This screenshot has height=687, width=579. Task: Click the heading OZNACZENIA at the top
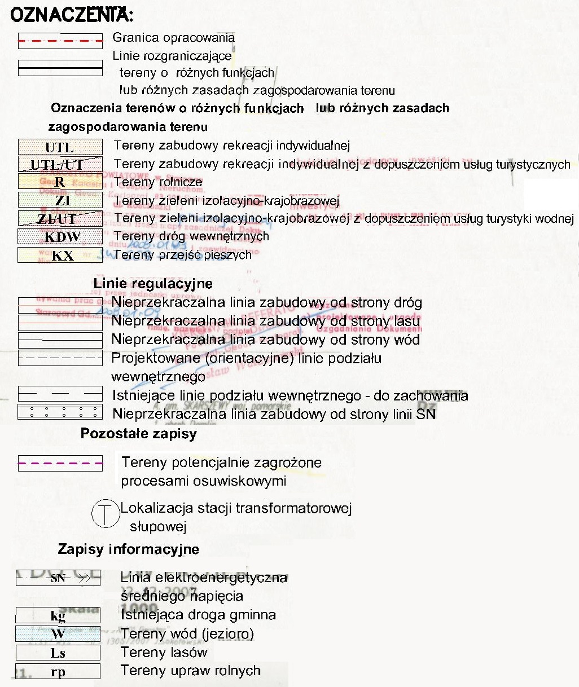(x=72, y=15)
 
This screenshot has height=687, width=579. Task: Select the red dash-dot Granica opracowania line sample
(x=60, y=41)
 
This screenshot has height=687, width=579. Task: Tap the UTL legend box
(x=60, y=147)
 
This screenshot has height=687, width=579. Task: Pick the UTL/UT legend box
(x=60, y=165)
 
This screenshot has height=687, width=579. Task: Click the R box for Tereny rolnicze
(x=60, y=182)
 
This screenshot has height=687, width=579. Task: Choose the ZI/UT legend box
(x=60, y=218)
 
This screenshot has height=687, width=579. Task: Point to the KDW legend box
(x=60, y=237)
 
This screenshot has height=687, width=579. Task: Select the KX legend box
(x=60, y=256)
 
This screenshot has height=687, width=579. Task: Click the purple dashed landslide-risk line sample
(x=60, y=464)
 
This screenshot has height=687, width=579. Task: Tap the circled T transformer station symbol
(x=106, y=514)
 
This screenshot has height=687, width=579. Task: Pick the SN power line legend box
(x=58, y=578)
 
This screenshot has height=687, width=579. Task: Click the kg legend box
(x=58, y=615)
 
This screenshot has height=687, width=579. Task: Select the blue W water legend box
(x=58, y=634)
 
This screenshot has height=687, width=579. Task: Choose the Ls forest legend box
(x=58, y=653)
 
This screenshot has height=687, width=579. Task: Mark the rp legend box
(x=58, y=672)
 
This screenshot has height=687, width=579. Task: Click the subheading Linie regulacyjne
(x=153, y=284)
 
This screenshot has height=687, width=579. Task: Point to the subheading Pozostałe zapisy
(x=138, y=434)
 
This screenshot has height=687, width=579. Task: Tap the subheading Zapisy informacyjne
(x=128, y=549)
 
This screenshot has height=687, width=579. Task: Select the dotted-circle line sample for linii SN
(x=60, y=412)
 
